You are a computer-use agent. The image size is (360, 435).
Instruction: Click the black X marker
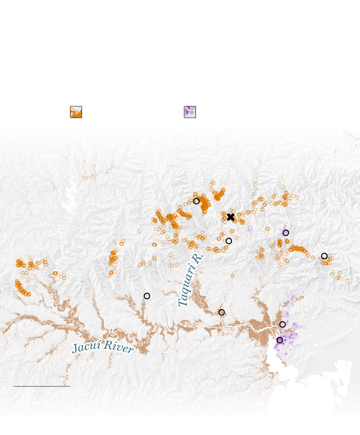(x=231, y=217)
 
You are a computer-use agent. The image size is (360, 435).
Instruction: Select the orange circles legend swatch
(x=76, y=112)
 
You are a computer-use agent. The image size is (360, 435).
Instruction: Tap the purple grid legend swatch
(x=190, y=112)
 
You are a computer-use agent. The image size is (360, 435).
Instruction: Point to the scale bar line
(x=42, y=386)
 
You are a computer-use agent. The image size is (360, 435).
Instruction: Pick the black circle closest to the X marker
(x=229, y=241)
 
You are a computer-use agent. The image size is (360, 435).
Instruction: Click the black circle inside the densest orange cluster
(x=196, y=201)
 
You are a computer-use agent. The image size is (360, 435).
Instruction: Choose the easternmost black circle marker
(x=324, y=256)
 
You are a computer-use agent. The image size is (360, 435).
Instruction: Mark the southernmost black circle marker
(x=280, y=340)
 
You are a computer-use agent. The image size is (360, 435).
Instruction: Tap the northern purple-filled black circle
(x=286, y=233)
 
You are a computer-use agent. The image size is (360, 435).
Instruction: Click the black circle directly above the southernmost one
(x=283, y=324)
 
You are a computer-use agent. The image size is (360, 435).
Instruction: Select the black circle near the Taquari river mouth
(x=222, y=312)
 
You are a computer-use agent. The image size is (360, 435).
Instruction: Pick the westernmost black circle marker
(x=147, y=296)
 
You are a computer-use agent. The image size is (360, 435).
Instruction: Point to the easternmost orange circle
(x=347, y=281)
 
